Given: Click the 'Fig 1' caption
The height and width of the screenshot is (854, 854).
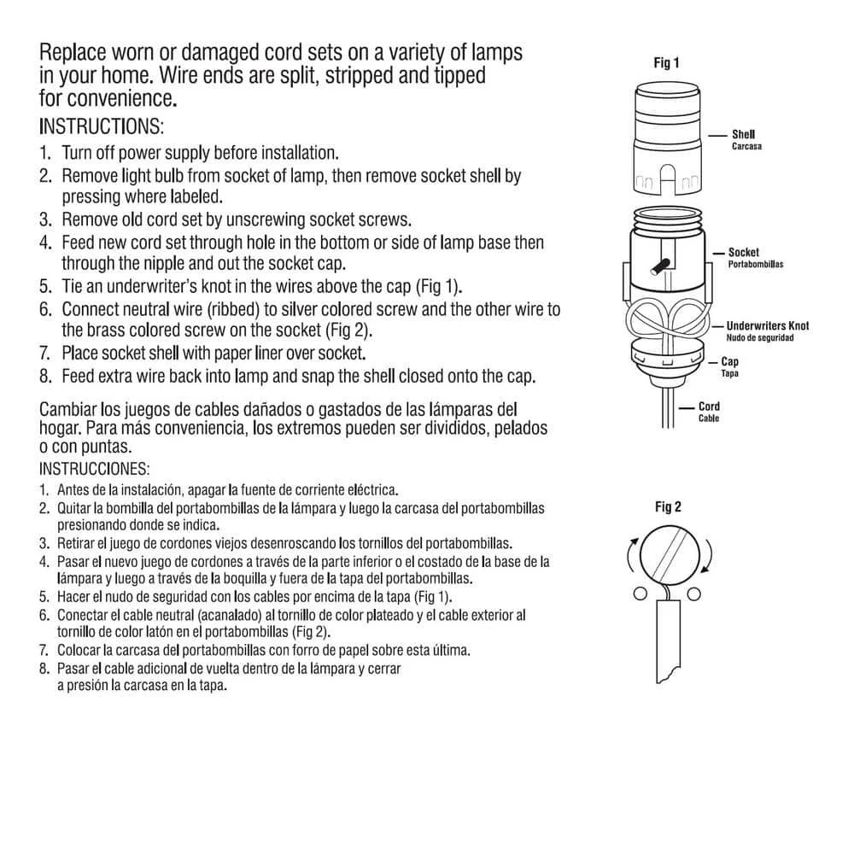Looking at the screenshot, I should click(667, 63).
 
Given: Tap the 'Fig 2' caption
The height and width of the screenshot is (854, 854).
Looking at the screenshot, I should click(668, 507).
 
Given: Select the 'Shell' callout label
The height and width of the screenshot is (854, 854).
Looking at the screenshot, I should click(743, 134).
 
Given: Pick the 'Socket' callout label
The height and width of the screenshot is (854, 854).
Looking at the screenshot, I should click(743, 253).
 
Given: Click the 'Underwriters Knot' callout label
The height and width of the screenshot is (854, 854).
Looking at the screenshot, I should click(767, 325).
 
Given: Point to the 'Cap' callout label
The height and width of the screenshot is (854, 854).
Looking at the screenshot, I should click(730, 362).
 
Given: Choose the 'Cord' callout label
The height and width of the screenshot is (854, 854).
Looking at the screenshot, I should click(709, 407).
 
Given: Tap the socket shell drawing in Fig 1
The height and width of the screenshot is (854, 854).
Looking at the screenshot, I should click(667, 137).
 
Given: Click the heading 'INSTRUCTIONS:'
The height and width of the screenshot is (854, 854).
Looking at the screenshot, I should click(101, 127).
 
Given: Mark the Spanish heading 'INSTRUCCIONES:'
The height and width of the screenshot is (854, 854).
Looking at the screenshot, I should click(94, 469).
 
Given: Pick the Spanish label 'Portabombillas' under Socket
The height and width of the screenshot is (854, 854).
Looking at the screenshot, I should click(755, 265).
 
